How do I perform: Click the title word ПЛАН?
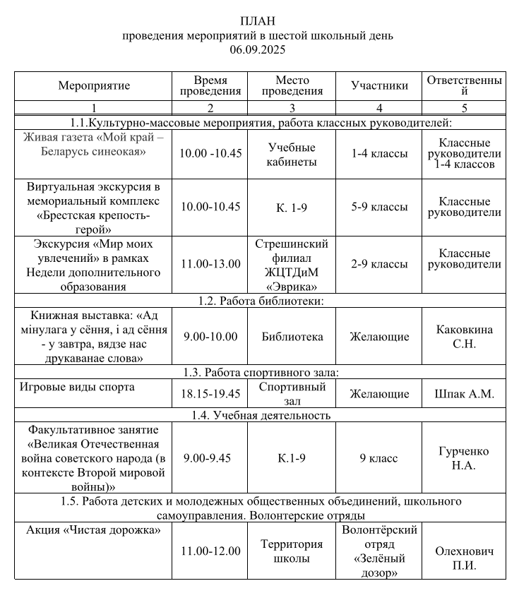tap(258, 20)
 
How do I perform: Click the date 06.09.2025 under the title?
tap(258, 49)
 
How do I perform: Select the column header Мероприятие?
tap(94, 86)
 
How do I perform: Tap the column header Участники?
tap(380, 86)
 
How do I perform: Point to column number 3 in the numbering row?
tap(292, 109)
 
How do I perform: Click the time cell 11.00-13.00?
tap(210, 264)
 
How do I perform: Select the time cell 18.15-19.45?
tap(210, 394)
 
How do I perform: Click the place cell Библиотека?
tap(292, 337)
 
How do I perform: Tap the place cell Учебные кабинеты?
tap(292, 155)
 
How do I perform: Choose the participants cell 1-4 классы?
tap(380, 154)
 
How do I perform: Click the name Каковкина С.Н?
tap(464, 337)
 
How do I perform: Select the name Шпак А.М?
tap(464, 394)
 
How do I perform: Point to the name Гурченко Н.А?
tap(464, 458)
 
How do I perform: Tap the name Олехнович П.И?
tap(464, 558)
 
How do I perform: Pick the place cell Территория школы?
tap(292, 551)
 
